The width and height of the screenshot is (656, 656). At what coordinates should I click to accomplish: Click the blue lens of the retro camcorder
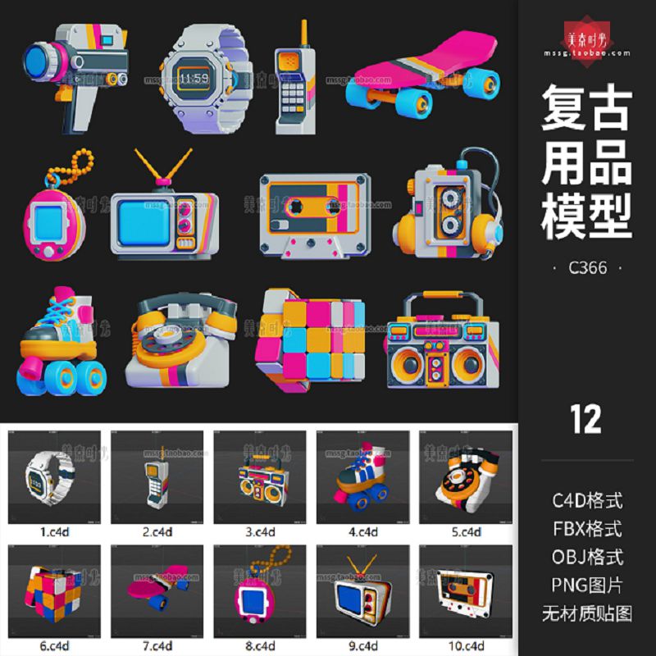[x=38, y=61]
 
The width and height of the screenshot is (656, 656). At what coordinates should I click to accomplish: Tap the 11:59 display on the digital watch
[x=194, y=79]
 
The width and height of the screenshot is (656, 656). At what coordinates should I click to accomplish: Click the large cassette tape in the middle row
[x=312, y=213]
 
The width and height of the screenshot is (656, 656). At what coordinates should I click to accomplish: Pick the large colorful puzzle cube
[x=309, y=340]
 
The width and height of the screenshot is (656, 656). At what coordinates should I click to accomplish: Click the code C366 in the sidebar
[x=587, y=267]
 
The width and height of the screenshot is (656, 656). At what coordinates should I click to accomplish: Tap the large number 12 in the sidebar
[x=586, y=419]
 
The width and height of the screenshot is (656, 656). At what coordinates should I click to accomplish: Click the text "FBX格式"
[x=587, y=527]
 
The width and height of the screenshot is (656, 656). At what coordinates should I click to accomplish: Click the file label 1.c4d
[x=54, y=531]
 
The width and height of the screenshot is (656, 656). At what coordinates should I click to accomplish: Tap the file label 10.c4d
[x=466, y=645]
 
